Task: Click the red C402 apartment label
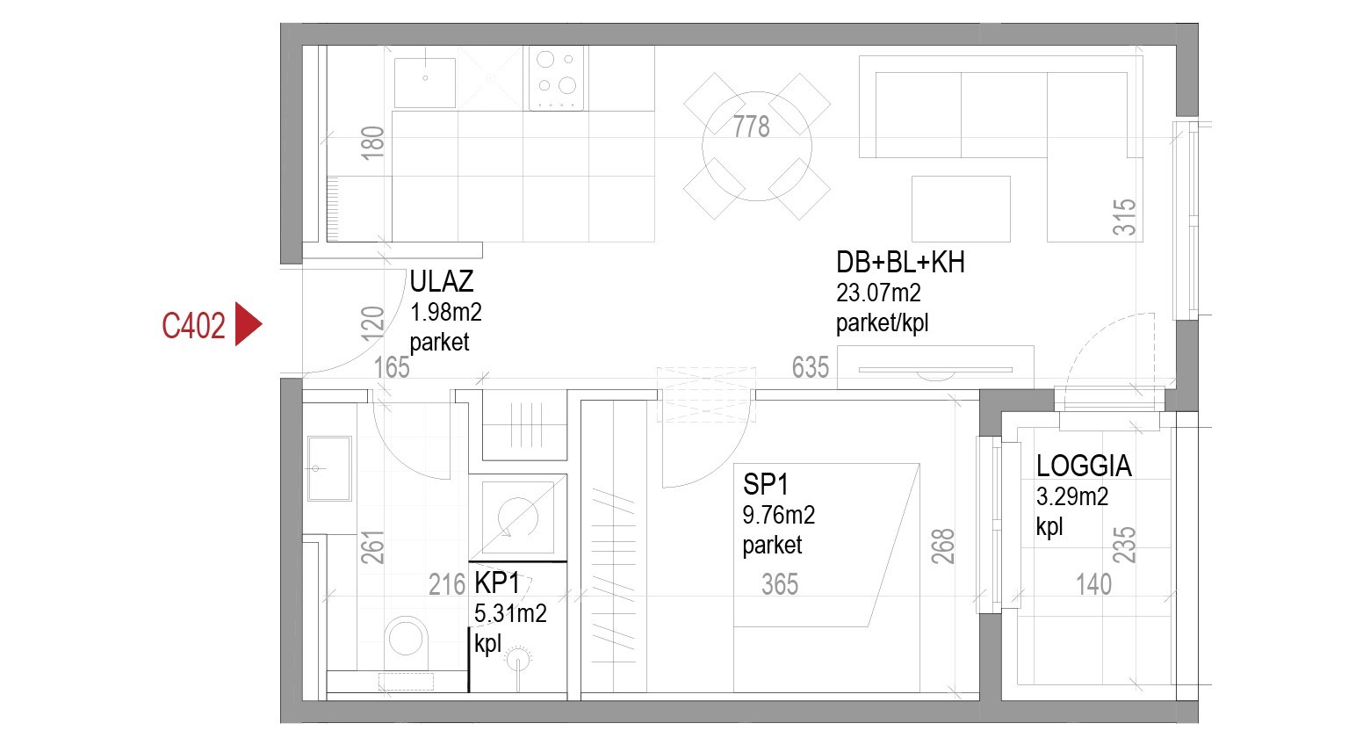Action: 193,326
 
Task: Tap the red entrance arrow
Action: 248,325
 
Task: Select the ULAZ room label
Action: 442,281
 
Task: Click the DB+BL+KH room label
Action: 900,262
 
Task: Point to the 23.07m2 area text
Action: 878,293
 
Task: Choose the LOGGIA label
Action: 1084,466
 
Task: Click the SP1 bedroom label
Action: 766,484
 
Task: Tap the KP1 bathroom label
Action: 497,583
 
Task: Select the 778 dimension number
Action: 752,127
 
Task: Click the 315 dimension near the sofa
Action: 1125,217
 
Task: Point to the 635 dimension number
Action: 810,366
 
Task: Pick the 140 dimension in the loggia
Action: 1093,584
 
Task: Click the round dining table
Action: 756,146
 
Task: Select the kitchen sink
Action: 425,82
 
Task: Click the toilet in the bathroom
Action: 406,636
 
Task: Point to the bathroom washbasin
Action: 329,468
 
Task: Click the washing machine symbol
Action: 517,517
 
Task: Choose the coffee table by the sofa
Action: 961,208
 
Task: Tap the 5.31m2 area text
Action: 510,613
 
